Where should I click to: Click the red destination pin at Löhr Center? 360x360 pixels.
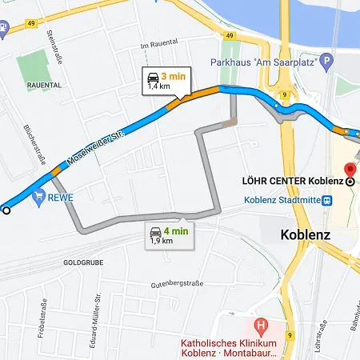[349, 170]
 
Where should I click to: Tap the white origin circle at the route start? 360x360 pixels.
[6, 210]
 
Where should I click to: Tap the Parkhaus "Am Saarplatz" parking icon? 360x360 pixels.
[326, 61]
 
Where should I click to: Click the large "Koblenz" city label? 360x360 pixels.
[306, 235]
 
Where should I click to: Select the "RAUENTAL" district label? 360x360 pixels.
[43, 84]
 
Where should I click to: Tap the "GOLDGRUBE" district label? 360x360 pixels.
[83, 262]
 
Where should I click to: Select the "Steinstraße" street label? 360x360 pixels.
[57, 43]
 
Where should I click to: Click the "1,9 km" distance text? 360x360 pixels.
[162, 241]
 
